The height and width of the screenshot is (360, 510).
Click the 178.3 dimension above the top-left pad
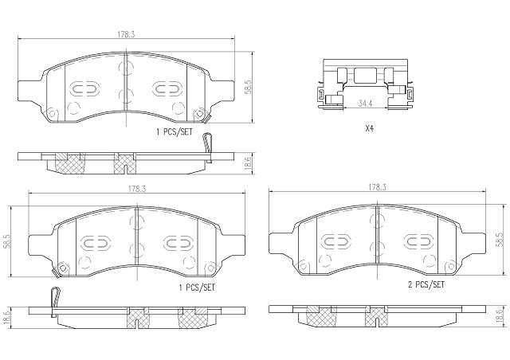(126, 34)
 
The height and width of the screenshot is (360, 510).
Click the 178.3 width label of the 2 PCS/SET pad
(377, 187)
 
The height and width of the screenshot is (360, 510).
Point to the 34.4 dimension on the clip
(365, 104)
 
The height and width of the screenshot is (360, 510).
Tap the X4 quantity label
(369, 128)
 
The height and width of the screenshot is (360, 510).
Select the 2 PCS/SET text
(426, 285)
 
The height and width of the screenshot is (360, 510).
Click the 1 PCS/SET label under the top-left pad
(175, 132)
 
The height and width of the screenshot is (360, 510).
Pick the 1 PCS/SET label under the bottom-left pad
(197, 288)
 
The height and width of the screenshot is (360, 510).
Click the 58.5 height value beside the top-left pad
(248, 87)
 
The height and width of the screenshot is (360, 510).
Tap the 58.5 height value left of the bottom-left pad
(6, 241)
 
